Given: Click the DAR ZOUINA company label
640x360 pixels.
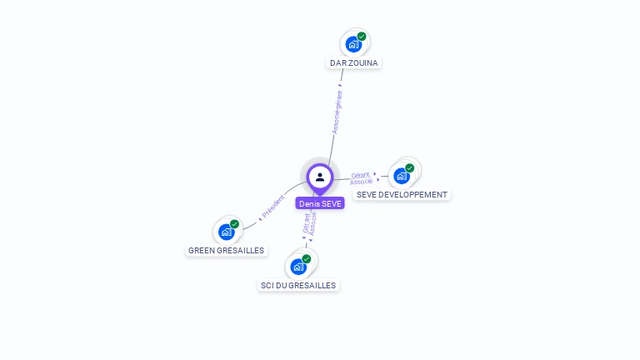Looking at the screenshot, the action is pyautogui.click(x=354, y=62).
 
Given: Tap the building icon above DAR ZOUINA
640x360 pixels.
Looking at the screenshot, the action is pyautogui.click(x=352, y=44).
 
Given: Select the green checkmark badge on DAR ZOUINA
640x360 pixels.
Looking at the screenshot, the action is pyautogui.click(x=362, y=37).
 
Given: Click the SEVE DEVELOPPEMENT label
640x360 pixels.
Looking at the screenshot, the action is pyautogui.click(x=402, y=194).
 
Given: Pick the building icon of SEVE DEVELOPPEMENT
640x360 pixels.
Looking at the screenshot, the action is pyautogui.click(x=401, y=176).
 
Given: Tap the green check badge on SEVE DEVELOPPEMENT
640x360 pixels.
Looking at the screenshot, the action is pyautogui.click(x=409, y=168).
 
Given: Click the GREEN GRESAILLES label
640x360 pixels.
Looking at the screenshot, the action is pyautogui.click(x=226, y=250).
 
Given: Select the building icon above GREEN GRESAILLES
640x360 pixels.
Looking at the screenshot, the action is pyautogui.click(x=226, y=232).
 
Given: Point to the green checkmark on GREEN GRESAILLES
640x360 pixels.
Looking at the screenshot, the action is pyautogui.click(x=234, y=224).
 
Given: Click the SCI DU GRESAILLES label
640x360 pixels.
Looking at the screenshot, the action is pyautogui.click(x=297, y=285).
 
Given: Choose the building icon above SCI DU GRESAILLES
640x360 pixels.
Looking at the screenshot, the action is pyautogui.click(x=297, y=267).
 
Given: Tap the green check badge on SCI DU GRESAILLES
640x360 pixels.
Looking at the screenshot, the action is pyautogui.click(x=306, y=259).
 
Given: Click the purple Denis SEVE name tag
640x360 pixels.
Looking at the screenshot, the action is pyautogui.click(x=319, y=203).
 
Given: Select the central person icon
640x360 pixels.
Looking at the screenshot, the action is pyautogui.click(x=319, y=177).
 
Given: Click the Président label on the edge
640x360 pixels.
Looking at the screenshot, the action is pyautogui.click(x=272, y=207).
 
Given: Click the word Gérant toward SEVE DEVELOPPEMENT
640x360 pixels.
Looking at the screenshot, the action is pyautogui.click(x=361, y=175).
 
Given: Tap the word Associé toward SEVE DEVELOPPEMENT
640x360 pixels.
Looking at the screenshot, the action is pyautogui.click(x=361, y=182).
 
